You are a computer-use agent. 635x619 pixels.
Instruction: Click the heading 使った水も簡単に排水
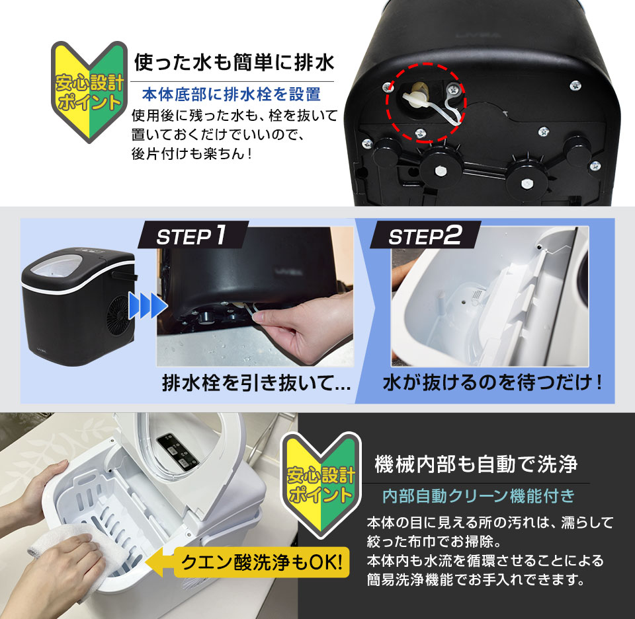[235, 64]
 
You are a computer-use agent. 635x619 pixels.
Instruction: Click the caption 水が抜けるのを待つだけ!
[493, 383]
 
